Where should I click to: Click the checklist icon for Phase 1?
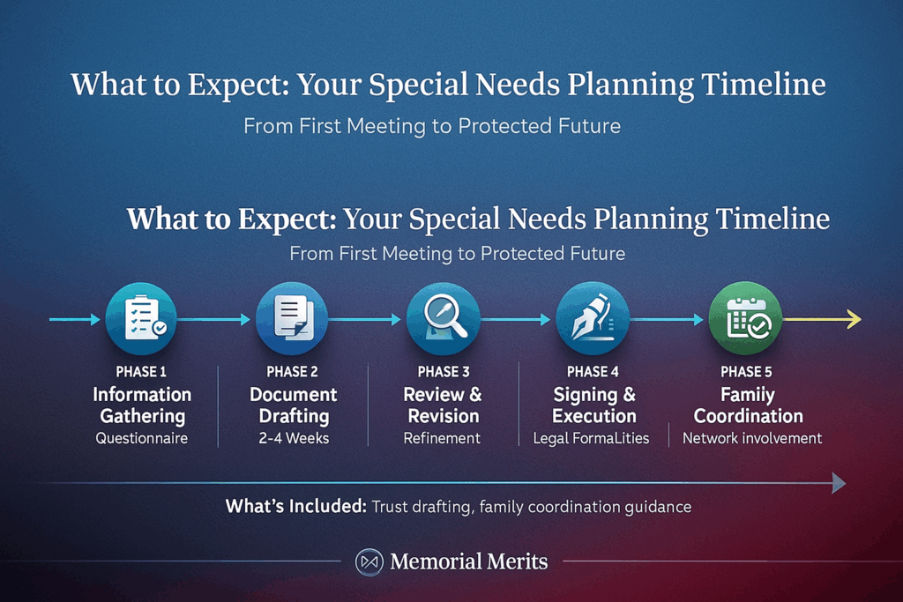pyautogui.click(x=141, y=319)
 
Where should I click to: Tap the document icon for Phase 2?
pyautogui.click(x=291, y=319)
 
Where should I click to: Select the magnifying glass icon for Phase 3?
pyautogui.click(x=443, y=319)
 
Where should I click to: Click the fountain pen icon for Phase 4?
pyautogui.click(x=593, y=319)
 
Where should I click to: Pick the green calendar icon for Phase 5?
pyautogui.click(x=745, y=319)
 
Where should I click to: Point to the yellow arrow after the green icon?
pyautogui.click(x=822, y=320)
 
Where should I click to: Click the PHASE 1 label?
pyautogui.click(x=141, y=372)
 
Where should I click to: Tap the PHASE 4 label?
pyautogui.click(x=593, y=372)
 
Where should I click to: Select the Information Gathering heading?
pyautogui.click(x=142, y=405)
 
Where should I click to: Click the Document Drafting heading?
pyautogui.click(x=293, y=405)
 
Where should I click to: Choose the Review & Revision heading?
pyautogui.click(x=443, y=405)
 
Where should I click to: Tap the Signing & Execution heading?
pyautogui.click(x=593, y=405)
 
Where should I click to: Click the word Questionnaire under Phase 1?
pyautogui.click(x=142, y=438)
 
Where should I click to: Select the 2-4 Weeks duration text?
pyautogui.click(x=293, y=438)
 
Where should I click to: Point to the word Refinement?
pyautogui.click(x=443, y=438)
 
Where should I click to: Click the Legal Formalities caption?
pyautogui.click(x=591, y=438)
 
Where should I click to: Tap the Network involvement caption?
pyautogui.click(x=752, y=438)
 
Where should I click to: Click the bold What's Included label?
pyautogui.click(x=295, y=507)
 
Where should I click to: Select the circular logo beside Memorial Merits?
pyautogui.click(x=368, y=561)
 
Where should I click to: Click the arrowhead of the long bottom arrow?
pyautogui.click(x=839, y=483)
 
